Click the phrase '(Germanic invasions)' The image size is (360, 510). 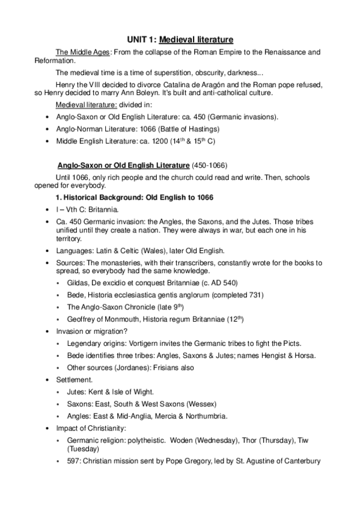point(242,117)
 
